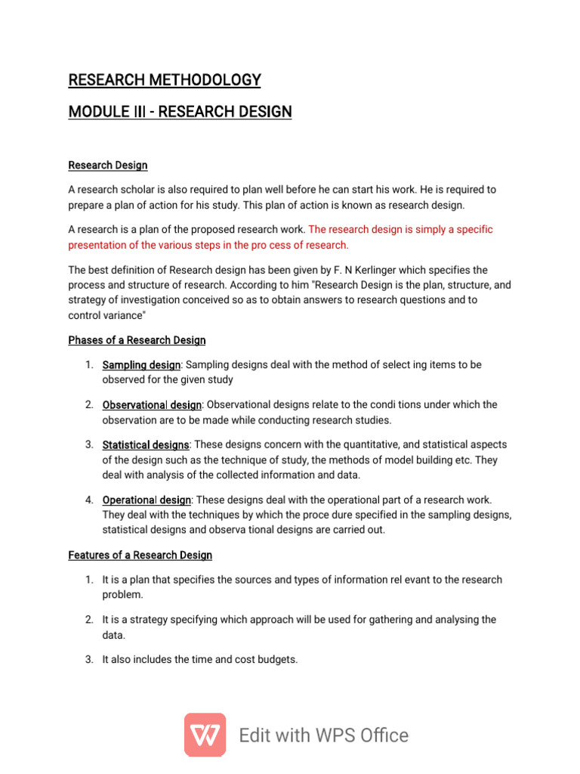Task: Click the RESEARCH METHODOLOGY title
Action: (x=165, y=79)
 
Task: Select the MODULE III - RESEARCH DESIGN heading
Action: (x=180, y=112)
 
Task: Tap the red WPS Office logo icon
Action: (x=205, y=735)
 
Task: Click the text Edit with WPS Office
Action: (x=323, y=735)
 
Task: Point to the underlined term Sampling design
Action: (x=141, y=365)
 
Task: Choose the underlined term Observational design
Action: (x=152, y=405)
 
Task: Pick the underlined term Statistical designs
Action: (x=146, y=445)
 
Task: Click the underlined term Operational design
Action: (x=147, y=500)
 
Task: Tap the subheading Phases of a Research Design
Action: (x=137, y=340)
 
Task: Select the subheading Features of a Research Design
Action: (x=140, y=555)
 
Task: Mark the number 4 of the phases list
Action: (x=88, y=500)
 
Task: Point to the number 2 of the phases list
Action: (x=88, y=405)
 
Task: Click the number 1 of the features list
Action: (x=88, y=580)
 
